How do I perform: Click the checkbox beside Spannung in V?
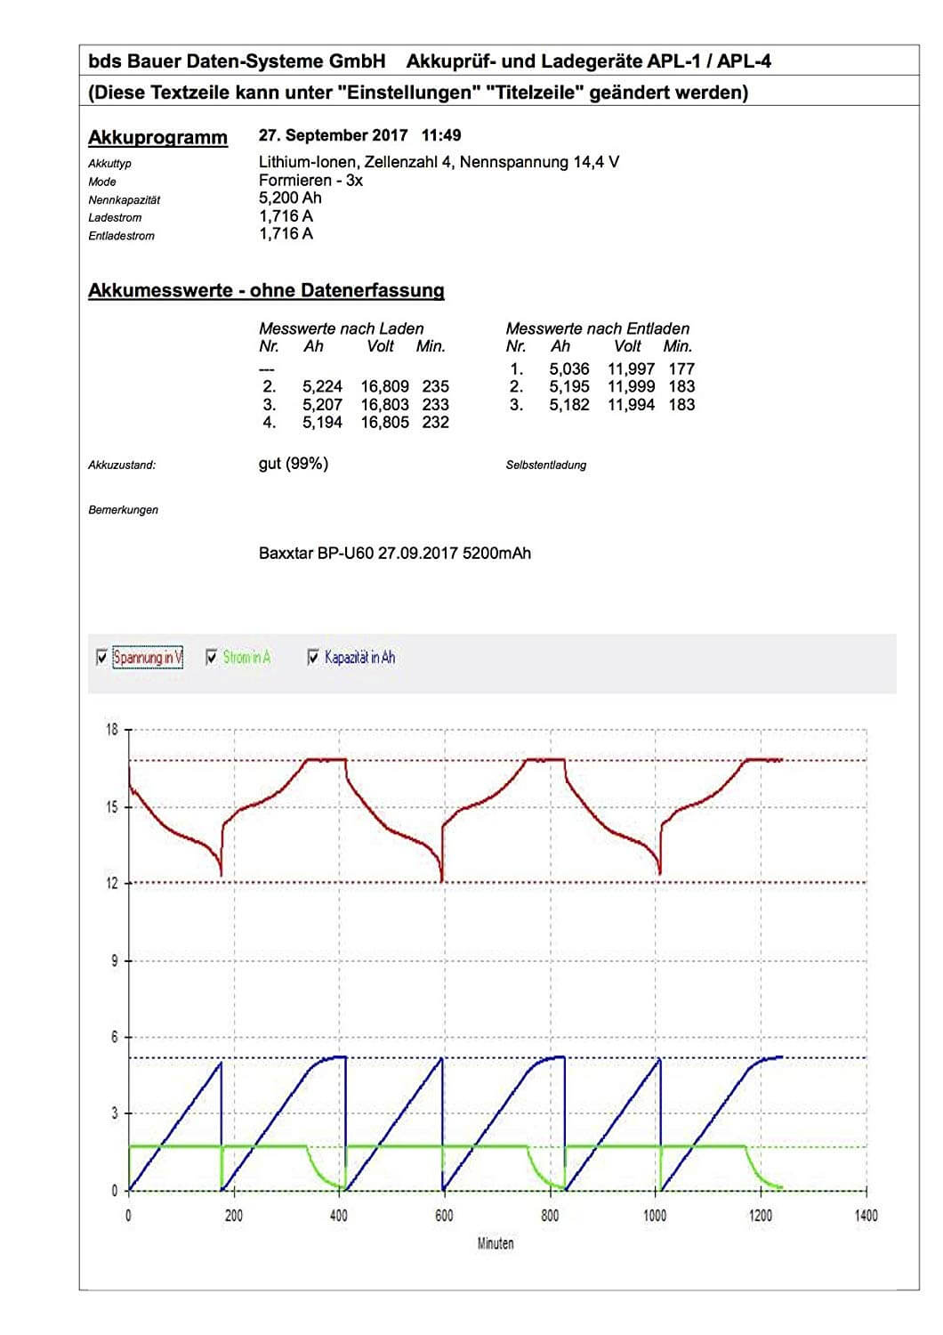(x=101, y=658)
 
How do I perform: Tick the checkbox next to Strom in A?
(x=212, y=658)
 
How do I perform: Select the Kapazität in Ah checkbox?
(x=313, y=658)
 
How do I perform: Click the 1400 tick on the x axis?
(x=865, y=1216)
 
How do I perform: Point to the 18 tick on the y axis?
(x=111, y=730)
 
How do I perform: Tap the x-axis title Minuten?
(x=495, y=1243)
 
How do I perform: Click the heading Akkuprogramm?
(x=157, y=138)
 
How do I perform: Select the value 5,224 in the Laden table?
(x=322, y=386)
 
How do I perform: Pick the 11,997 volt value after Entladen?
(x=631, y=368)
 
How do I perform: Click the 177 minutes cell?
(x=681, y=368)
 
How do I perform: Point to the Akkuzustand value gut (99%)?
(x=293, y=464)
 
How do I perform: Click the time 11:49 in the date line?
(x=441, y=135)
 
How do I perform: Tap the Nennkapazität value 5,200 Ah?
(x=290, y=198)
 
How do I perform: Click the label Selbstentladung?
(x=545, y=465)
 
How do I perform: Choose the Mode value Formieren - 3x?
(x=310, y=181)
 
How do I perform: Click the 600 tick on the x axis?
(x=444, y=1216)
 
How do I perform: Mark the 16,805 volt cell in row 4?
(x=384, y=423)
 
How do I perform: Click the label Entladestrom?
(x=121, y=236)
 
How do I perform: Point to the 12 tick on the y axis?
(x=111, y=884)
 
